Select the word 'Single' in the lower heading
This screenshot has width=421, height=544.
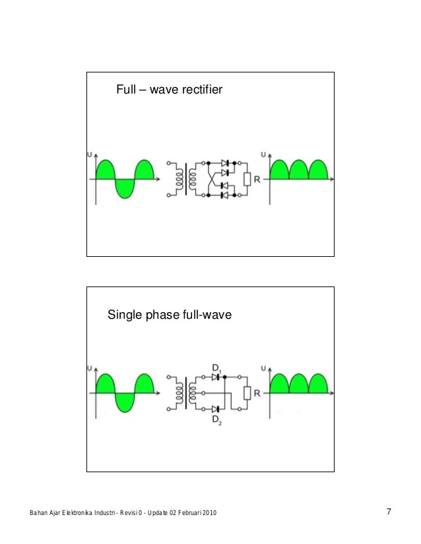tap(123, 316)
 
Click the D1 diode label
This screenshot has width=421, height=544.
tap(216, 367)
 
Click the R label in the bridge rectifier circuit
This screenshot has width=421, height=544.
tap(257, 178)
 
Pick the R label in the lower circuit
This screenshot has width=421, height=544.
tap(257, 393)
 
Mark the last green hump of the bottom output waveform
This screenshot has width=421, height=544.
tap(318, 385)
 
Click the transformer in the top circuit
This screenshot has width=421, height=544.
tap(185, 178)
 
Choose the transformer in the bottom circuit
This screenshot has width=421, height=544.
tap(185, 393)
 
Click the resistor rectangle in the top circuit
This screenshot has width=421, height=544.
tap(247, 178)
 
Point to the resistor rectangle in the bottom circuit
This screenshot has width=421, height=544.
tap(247, 393)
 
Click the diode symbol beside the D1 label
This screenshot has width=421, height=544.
tap(215, 377)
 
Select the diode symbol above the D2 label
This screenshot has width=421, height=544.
tap(215, 409)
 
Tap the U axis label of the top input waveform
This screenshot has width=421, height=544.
tap(90, 155)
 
